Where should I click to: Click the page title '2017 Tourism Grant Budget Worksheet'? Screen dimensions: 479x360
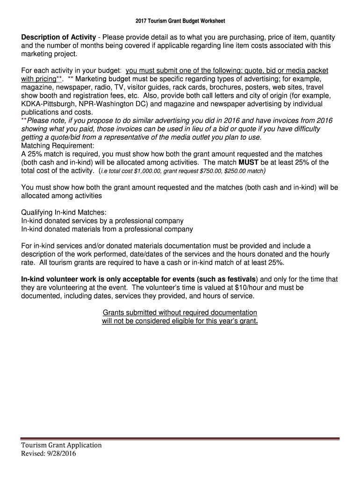click(x=180, y=21)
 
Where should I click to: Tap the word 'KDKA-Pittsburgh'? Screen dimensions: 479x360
click(x=49, y=104)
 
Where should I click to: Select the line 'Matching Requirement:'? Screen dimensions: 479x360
click(x=58, y=145)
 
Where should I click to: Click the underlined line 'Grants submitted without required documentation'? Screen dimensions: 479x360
click(x=180, y=312)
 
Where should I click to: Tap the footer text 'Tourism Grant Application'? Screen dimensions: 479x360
click(x=61, y=445)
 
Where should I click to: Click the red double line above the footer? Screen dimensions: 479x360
click(x=180, y=439)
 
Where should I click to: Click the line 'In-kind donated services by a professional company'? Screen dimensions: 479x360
click(x=102, y=221)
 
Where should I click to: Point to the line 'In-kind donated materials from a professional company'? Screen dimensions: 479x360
click(x=107, y=229)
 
